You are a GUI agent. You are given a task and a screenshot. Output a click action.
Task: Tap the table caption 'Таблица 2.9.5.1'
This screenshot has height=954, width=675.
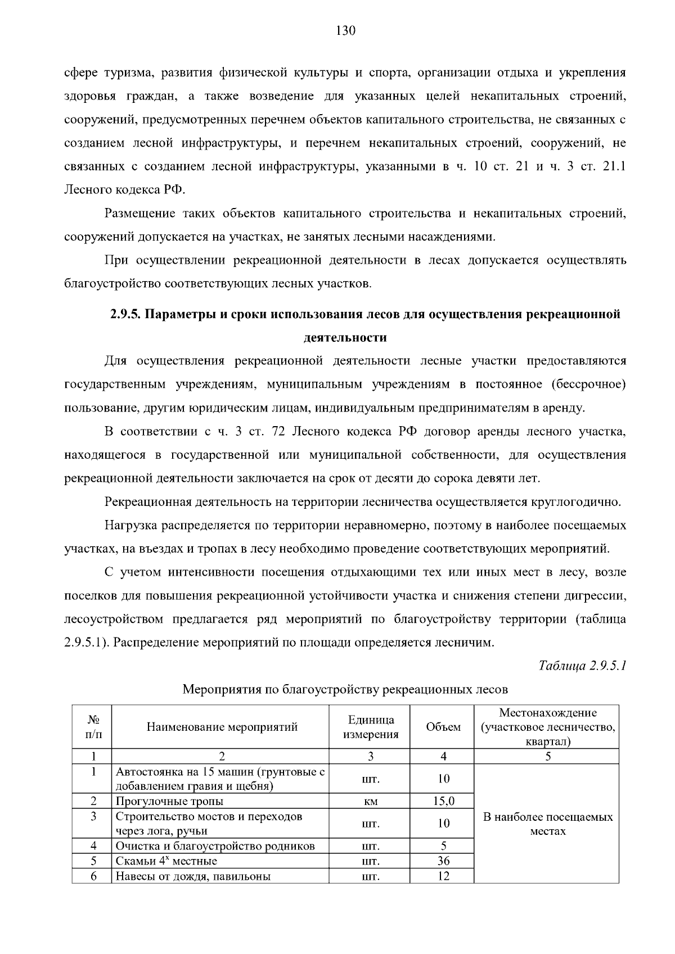582,666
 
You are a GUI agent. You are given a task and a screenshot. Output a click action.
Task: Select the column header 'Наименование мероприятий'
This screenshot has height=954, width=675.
222,727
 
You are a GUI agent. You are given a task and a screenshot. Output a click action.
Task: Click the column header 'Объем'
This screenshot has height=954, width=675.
443,727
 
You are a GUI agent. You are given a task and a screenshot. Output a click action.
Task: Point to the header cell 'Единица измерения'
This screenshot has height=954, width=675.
371,727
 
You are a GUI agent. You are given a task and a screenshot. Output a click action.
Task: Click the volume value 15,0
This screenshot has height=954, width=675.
443,801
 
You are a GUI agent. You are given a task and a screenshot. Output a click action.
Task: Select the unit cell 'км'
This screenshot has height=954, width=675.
371,801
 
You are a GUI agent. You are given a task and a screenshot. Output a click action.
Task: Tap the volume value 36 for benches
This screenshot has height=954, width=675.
443,861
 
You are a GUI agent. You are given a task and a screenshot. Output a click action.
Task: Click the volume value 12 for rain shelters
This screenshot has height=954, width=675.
443,876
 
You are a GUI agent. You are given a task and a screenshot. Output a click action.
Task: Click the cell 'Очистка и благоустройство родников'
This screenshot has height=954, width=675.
215,846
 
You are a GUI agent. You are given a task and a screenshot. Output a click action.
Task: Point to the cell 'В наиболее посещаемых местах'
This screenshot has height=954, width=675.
548,824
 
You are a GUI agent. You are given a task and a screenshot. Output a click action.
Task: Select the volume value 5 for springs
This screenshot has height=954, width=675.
443,846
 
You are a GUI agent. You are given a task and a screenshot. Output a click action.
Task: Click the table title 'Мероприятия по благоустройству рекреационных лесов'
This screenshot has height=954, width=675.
345,689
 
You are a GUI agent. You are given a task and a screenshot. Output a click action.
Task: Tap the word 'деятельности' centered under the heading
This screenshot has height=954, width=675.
345,337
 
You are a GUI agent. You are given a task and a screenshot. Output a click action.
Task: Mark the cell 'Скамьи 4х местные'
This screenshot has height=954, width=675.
166,861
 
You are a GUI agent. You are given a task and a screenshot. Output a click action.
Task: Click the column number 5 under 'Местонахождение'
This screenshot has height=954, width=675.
548,757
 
